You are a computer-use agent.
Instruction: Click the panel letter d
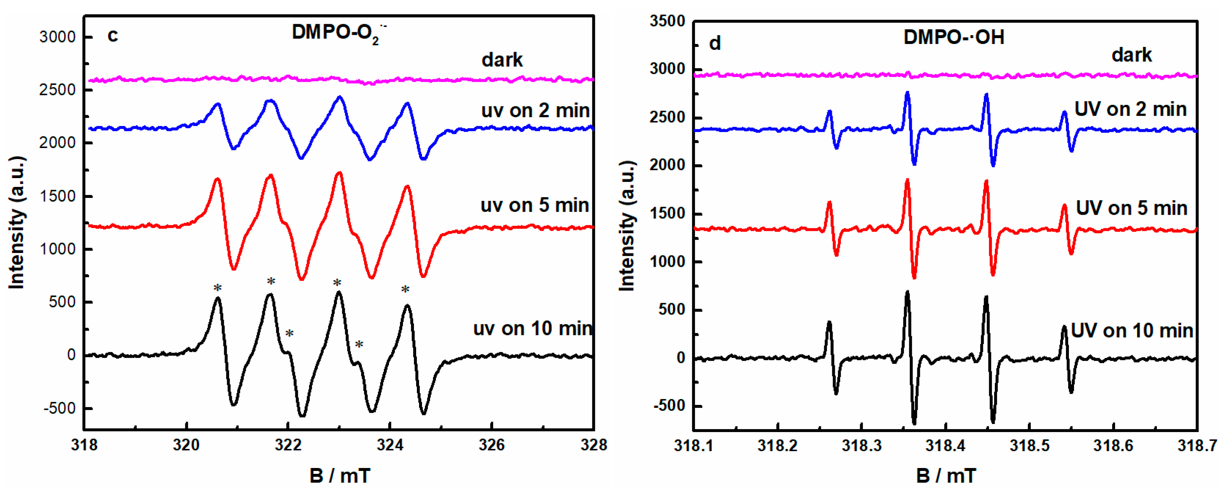(x=714, y=44)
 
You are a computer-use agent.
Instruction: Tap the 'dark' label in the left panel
(x=501, y=60)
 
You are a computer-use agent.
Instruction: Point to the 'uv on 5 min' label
(x=534, y=205)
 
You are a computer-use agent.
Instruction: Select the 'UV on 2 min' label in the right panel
(x=1130, y=109)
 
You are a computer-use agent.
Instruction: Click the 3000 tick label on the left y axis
(x=57, y=37)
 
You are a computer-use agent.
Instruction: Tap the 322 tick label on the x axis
(x=288, y=445)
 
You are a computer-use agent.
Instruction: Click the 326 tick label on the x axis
(x=491, y=445)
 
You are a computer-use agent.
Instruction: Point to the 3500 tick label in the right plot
(x=667, y=22)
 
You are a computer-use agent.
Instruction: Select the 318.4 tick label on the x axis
(x=945, y=446)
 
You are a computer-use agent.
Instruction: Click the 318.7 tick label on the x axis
(x=1196, y=446)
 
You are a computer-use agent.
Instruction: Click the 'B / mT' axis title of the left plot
(x=339, y=476)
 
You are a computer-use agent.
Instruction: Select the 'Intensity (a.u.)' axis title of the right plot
(x=627, y=225)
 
